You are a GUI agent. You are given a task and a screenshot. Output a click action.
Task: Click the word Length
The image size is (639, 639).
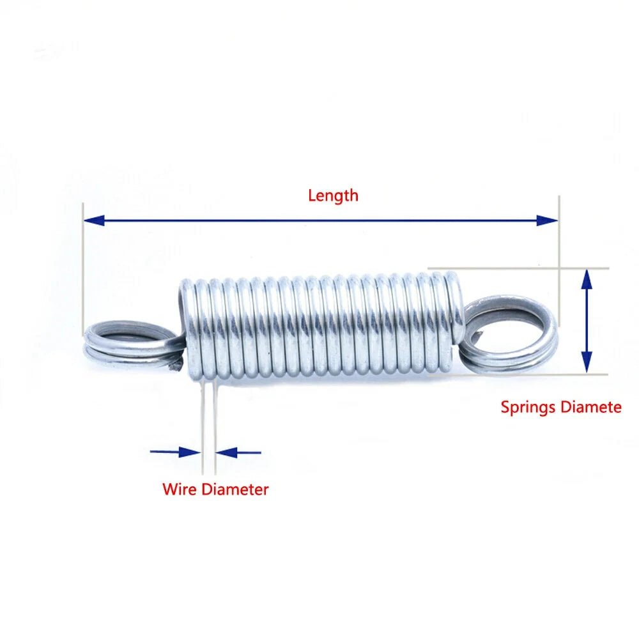(333, 196)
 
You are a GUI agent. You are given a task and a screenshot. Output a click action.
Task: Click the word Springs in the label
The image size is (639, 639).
(526, 407)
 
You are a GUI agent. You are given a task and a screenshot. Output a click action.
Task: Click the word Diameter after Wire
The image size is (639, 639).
(235, 490)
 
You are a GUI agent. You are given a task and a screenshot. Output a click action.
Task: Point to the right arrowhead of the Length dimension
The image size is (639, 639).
(548, 220)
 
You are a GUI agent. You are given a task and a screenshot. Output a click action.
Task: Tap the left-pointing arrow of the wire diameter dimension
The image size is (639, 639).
(227, 452)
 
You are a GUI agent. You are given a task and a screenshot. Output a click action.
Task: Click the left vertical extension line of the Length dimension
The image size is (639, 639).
(83, 268)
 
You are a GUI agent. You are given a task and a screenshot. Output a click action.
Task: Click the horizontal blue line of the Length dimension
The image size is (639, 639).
(319, 220)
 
